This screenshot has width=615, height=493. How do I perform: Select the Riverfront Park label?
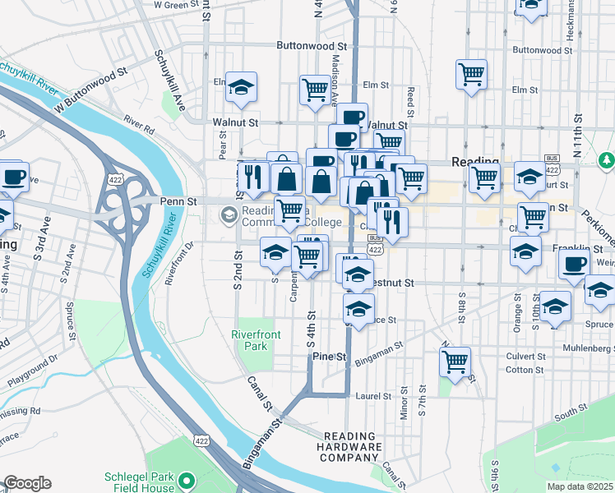(250, 340)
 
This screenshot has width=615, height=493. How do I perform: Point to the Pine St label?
(330, 357)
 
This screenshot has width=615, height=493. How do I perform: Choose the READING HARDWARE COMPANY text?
(353, 447)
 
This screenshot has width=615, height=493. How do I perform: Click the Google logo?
(27, 483)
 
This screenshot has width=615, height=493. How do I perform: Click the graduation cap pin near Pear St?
(241, 86)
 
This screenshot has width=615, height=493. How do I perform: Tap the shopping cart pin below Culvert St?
(455, 361)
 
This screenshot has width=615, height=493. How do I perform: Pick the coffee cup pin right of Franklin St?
(575, 265)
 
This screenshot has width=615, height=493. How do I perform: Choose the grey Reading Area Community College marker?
(229, 216)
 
